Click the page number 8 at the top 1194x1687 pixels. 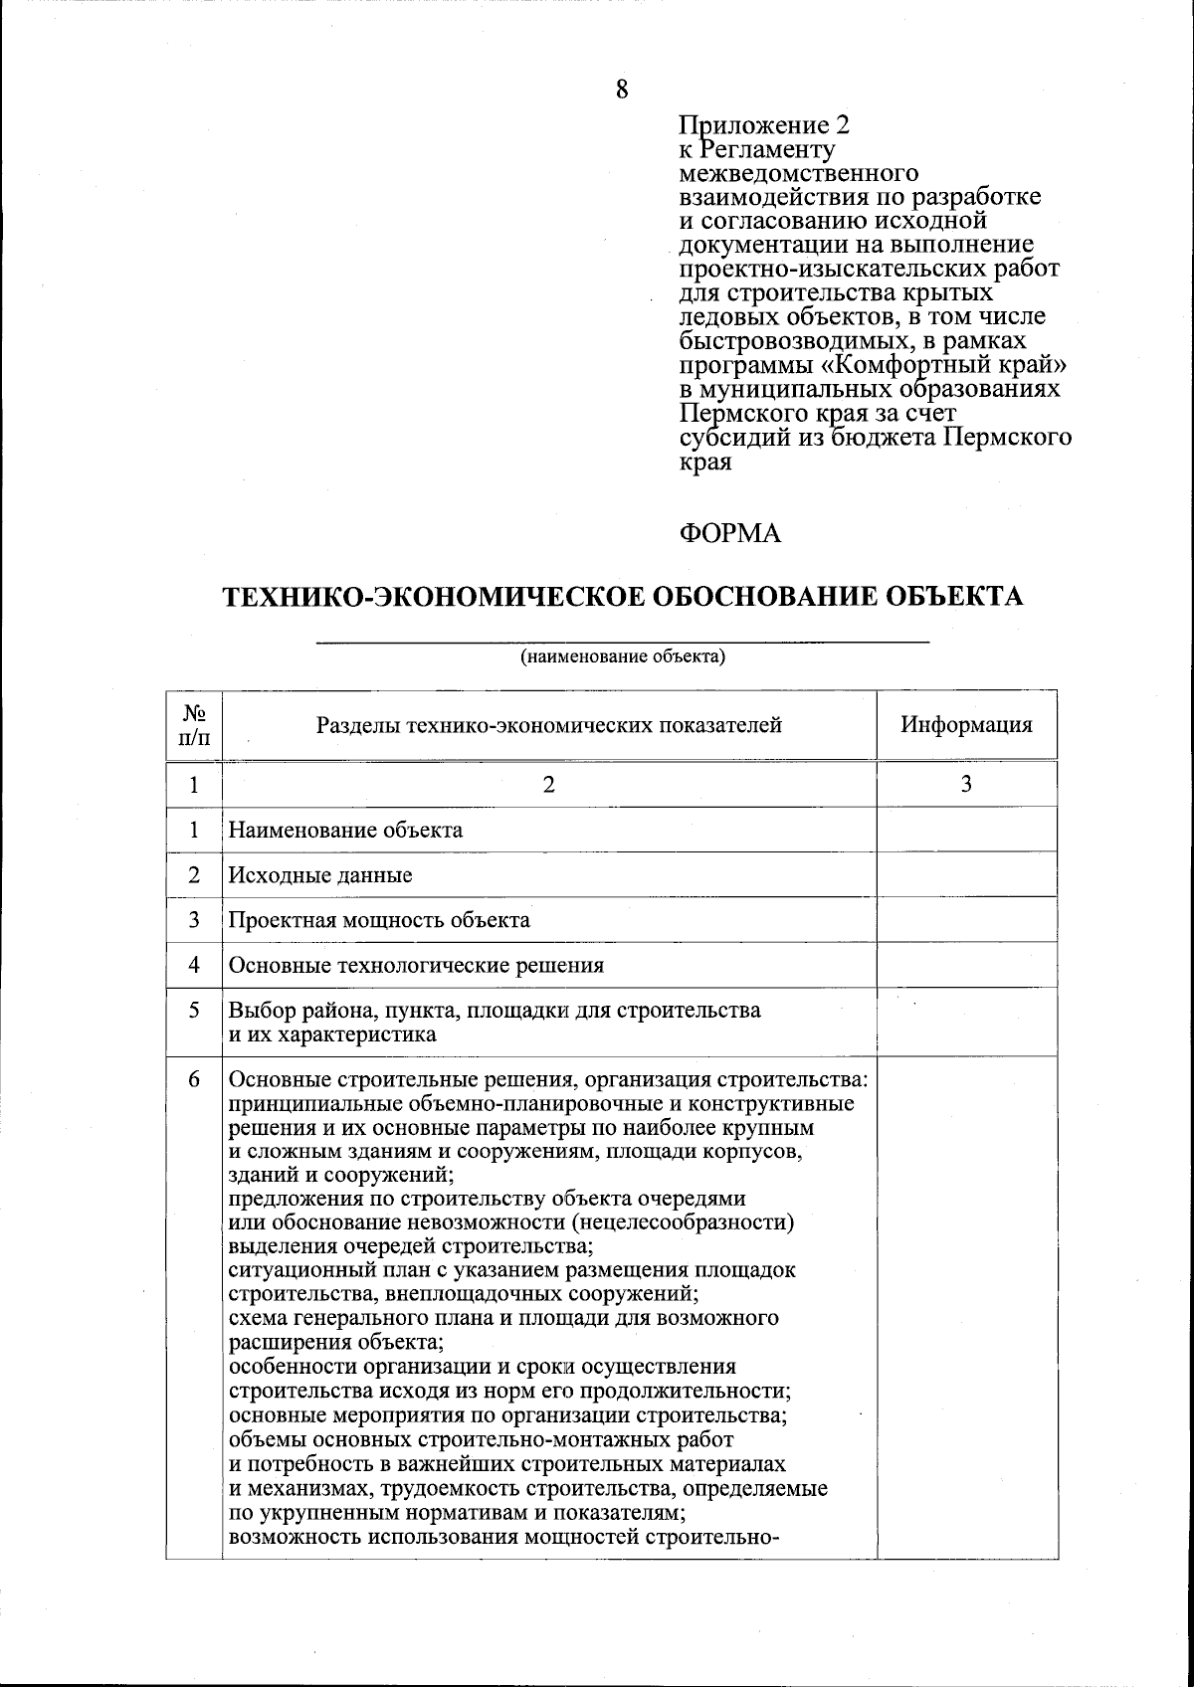pyautogui.click(x=622, y=89)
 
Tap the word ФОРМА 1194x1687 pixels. pyautogui.click(x=729, y=534)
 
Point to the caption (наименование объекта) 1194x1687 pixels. pyautogui.click(x=623, y=656)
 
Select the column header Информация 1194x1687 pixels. pyautogui.click(x=966, y=724)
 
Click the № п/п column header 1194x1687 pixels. pyautogui.click(x=194, y=725)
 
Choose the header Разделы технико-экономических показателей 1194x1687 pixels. pyautogui.click(x=548, y=725)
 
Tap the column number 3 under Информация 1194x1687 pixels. pyautogui.click(x=966, y=784)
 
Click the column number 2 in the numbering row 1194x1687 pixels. pyautogui.click(x=548, y=784)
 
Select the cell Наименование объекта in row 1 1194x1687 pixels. pyautogui.click(x=345, y=830)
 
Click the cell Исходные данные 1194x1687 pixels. pyautogui.click(x=320, y=875)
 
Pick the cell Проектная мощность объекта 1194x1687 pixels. pyautogui.click(x=379, y=920)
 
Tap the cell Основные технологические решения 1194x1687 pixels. pyautogui.click(x=416, y=965)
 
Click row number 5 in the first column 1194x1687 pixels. pyautogui.click(x=194, y=1010)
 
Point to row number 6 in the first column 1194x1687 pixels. pyautogui.click(x=194, y=1079)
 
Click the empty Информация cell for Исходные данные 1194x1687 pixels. pyautogui.click(x=966, y=874)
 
